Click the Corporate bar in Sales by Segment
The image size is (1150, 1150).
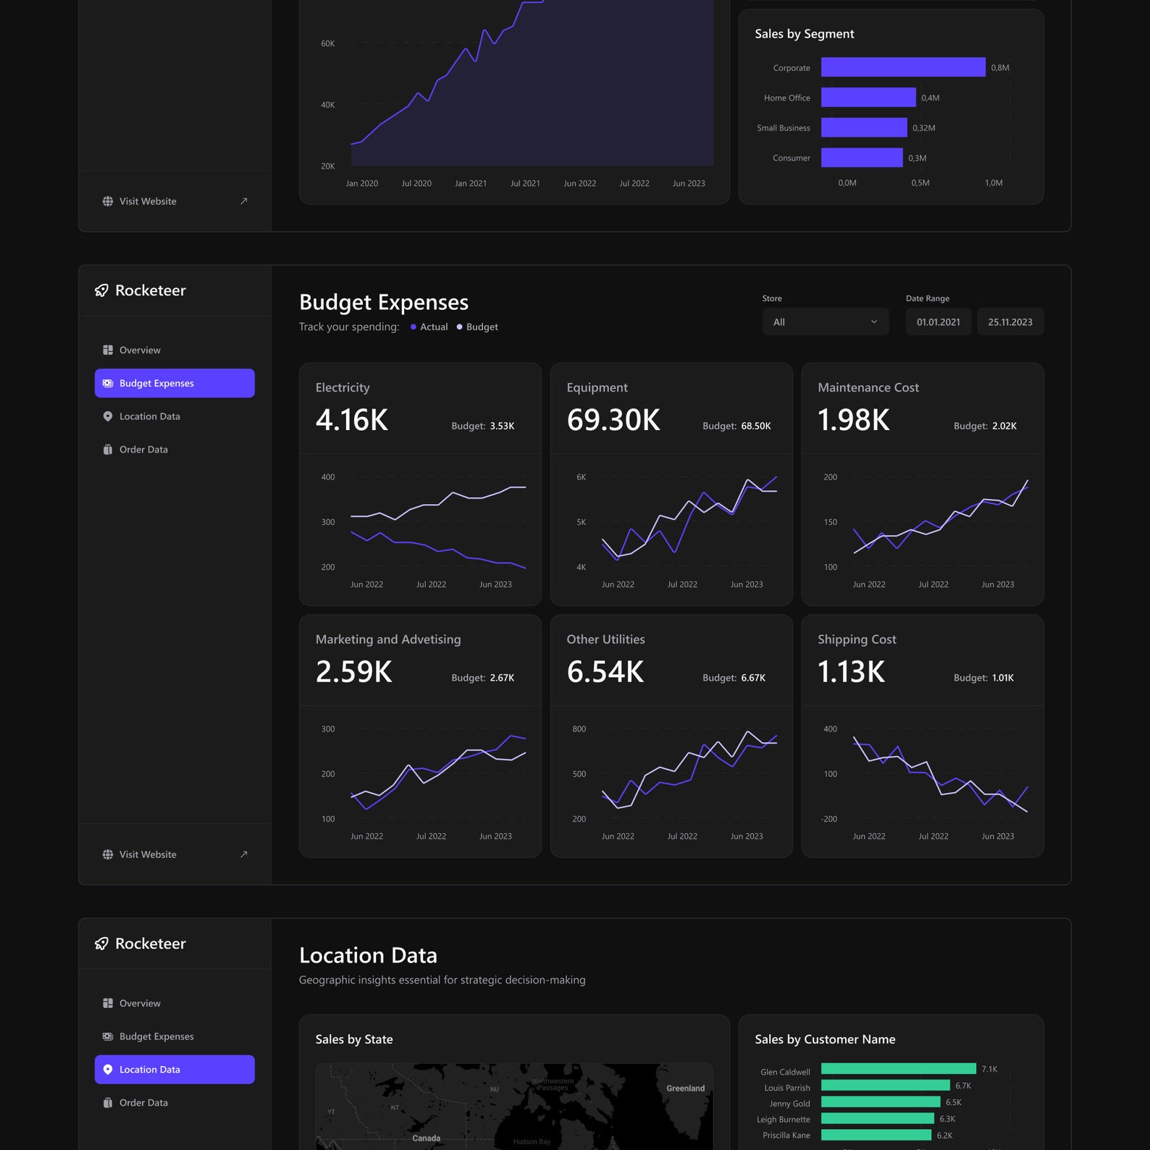902,67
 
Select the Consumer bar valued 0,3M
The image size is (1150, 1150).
861,158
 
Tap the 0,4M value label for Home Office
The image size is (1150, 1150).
930,98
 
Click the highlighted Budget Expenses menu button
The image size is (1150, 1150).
175,383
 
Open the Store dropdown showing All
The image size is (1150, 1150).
825,322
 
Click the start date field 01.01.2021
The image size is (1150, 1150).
938,322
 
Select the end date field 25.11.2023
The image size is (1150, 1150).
1010,322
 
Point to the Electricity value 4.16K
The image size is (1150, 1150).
352,420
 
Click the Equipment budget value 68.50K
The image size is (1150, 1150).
755,427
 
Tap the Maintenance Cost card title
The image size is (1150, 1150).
868,387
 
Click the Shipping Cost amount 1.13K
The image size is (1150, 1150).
851,672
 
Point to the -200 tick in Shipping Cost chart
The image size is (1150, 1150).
828,819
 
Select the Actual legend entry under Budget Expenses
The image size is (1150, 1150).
433,327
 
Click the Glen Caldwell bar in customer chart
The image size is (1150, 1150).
898,1069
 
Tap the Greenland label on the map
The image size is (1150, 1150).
685,1088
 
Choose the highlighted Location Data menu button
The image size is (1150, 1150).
175,1070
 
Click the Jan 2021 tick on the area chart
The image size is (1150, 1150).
471,183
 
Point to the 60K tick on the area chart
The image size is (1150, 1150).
327,43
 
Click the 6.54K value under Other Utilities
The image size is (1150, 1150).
605,672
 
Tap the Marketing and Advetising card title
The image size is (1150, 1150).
388,639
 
